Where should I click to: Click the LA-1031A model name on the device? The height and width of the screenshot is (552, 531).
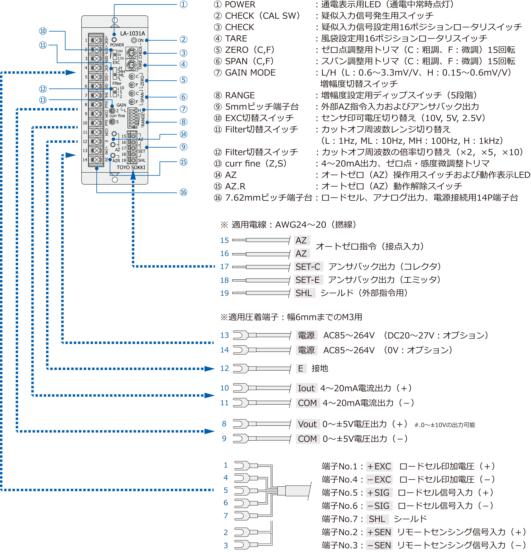click(132, 33)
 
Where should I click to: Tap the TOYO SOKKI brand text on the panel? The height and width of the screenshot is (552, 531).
click(131, 167)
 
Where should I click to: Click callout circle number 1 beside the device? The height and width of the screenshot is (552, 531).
click(183, 5)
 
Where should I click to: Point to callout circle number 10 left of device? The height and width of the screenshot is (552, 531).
click(43, 31)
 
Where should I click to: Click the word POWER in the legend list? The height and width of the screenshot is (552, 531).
click(240, 5)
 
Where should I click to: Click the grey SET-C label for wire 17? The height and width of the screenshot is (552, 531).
click(308, 266)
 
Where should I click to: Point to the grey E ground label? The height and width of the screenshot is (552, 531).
click(301, 368)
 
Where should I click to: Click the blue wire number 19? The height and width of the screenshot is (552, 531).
click(225, 293)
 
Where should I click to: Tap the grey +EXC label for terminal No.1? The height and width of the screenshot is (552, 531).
click(379, 466)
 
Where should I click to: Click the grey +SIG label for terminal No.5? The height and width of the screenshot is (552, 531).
click(379, 493)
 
